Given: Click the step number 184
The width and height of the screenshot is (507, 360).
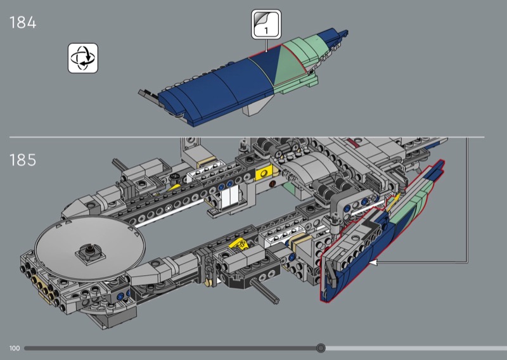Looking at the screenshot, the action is [23, 23].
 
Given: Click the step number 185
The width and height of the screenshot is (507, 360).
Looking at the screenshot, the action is [23, 160].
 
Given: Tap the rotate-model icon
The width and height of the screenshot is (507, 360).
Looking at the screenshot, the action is [83, 58].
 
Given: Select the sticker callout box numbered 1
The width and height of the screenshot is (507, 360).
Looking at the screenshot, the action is [266, 24].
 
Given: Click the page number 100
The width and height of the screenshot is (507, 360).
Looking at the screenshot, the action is [15, 348].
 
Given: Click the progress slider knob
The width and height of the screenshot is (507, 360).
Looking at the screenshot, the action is [321, 348].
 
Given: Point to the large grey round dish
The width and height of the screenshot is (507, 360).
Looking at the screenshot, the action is [90, 246].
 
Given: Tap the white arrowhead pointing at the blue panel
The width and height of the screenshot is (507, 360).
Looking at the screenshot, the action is [373, 262].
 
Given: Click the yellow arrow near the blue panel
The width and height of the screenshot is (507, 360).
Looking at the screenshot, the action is [394, 201].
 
